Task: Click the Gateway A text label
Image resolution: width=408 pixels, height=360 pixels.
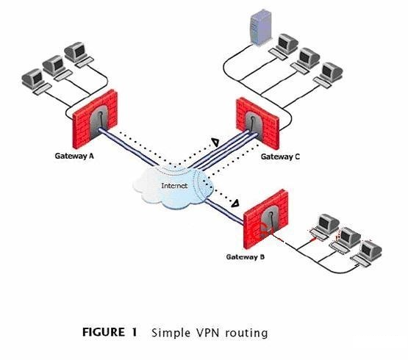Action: click(x=74, y=156)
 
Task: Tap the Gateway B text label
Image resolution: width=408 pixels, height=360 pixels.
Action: click(x=246, y=257)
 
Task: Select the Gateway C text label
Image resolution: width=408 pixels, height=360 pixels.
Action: click(x=280, y=156)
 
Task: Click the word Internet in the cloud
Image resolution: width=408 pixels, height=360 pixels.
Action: click(x=174, y=186)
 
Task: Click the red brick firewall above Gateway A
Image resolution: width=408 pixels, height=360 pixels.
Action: click(x=95, y=118)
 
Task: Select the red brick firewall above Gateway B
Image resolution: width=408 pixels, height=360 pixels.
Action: click(x=265, y=219)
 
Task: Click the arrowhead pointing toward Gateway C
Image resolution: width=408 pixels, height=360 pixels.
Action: click(x=215, y=142)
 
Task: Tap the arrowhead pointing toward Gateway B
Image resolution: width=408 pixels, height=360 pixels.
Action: click(x=235, y=204)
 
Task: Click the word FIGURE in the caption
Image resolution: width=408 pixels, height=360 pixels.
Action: click(x=104, y=332)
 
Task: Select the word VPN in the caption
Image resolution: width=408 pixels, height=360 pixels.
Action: click(x=209, y=332)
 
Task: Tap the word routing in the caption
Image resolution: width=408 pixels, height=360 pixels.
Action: click(x=247, y=334)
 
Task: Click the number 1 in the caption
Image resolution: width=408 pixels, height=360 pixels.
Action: click(x=135, y=332)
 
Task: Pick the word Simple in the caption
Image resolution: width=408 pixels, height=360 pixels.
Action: click(x=171, y=334)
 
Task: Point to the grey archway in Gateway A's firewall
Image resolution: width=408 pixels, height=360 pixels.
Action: click(x=99, y=122)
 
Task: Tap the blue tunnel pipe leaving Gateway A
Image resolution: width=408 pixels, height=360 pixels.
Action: click(x=128, y=147)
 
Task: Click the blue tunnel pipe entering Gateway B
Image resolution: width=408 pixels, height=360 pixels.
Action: click(x=224, y=212)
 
